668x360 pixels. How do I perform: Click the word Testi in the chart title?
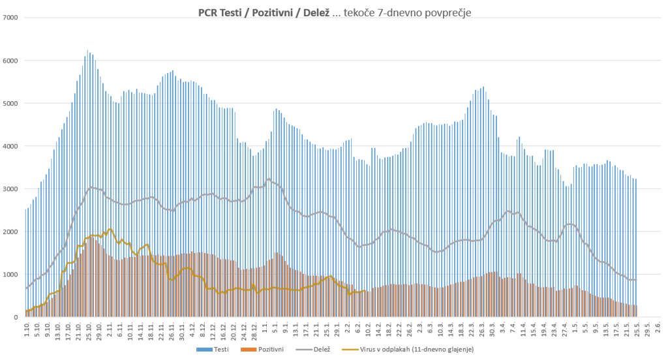pyautogui.click(x=237, y=12)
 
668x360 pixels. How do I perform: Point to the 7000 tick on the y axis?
pyautogui.click(x=12, y=18)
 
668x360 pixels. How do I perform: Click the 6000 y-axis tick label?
pyautogui.click(x=12, y=61)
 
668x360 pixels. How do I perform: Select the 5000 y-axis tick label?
pyautogui.click(x=12, y=103)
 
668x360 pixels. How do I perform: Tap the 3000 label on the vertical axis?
pyautogui.click(x=12, y=189)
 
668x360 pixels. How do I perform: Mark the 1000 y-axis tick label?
pyautogui.click(x=12, y=275)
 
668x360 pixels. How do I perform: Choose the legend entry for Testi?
pyautogui.click(x=220, y=350)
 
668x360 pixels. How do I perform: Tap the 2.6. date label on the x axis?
pyautogui.click(x=658, y=328)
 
